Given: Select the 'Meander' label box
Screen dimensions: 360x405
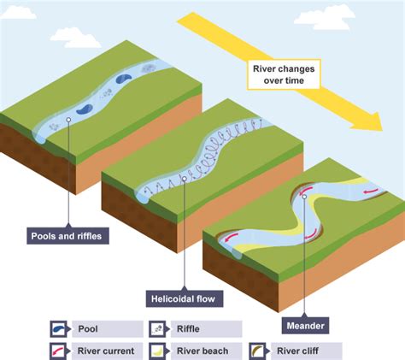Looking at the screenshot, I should coord(305,326).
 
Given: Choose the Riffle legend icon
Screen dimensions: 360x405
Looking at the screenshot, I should coord(159,328).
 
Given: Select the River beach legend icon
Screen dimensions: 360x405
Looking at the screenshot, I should coord(159,351).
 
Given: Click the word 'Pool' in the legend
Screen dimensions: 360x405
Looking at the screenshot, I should coord(88,328).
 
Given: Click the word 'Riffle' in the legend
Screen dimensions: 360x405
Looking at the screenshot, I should coord(189,328).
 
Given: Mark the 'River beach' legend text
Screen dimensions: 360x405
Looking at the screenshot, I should coord(202,351).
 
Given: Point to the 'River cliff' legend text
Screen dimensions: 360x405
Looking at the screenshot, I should coord(299,351).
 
